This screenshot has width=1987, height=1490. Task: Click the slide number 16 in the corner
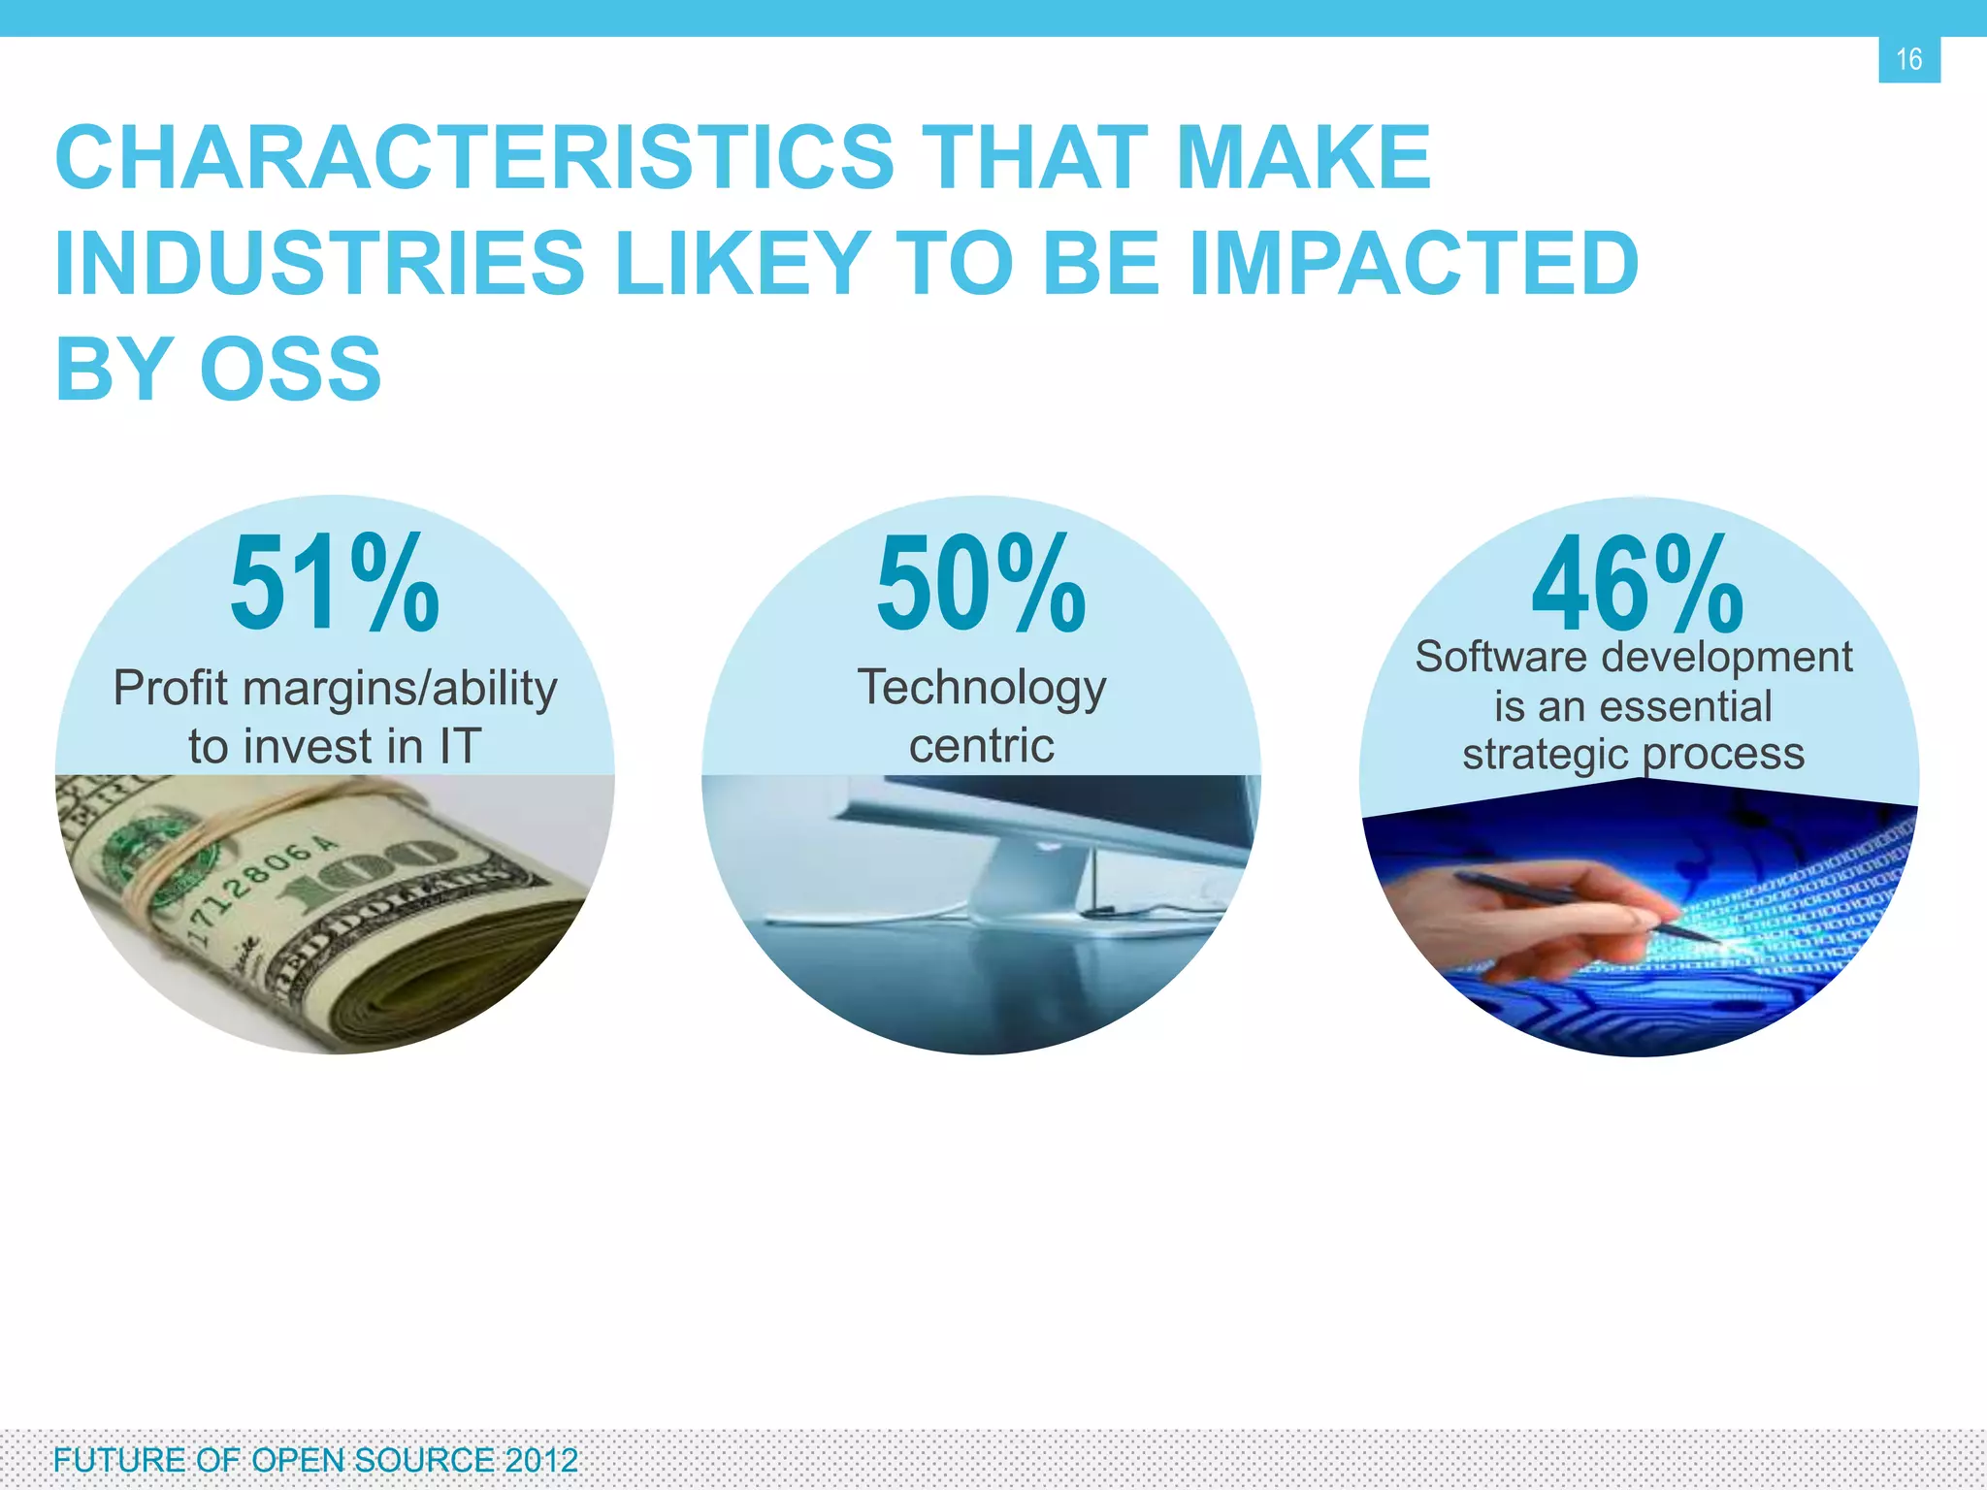pos(1908,59)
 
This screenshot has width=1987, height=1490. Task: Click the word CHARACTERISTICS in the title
pos(474,158)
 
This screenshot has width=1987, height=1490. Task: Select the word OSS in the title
pos(291,370)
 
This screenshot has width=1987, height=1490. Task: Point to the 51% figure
pos(334,585)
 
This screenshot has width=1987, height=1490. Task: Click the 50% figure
pos(981,585)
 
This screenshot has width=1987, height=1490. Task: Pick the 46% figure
pos(1638,587)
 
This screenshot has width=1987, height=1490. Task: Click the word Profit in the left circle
pos(171,688)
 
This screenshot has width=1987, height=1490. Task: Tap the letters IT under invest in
pos(459,746)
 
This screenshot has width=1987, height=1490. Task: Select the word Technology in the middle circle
pos(981,689)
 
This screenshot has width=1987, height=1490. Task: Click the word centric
pos(981,746)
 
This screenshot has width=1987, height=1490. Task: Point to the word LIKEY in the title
pos(742,264)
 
